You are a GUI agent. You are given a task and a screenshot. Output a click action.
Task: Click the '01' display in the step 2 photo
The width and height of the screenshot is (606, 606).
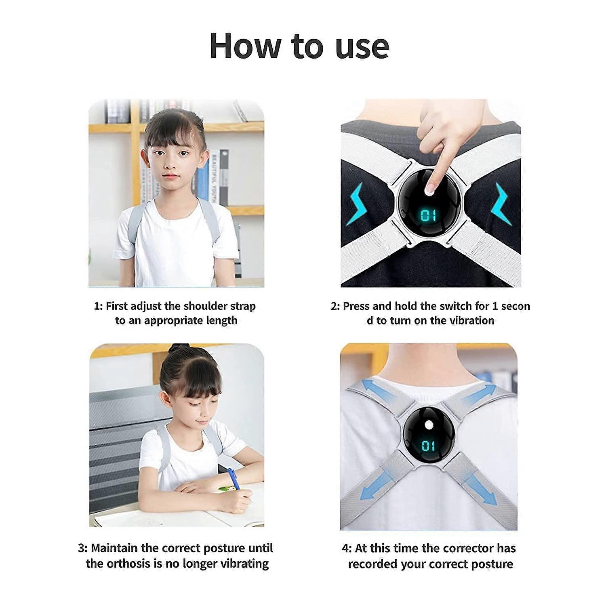point(429,215)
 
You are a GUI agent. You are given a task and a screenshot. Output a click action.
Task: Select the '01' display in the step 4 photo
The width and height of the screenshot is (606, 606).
point(429,446)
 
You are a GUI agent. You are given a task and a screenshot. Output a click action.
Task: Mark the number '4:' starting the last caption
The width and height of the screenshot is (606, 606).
point(347,549)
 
